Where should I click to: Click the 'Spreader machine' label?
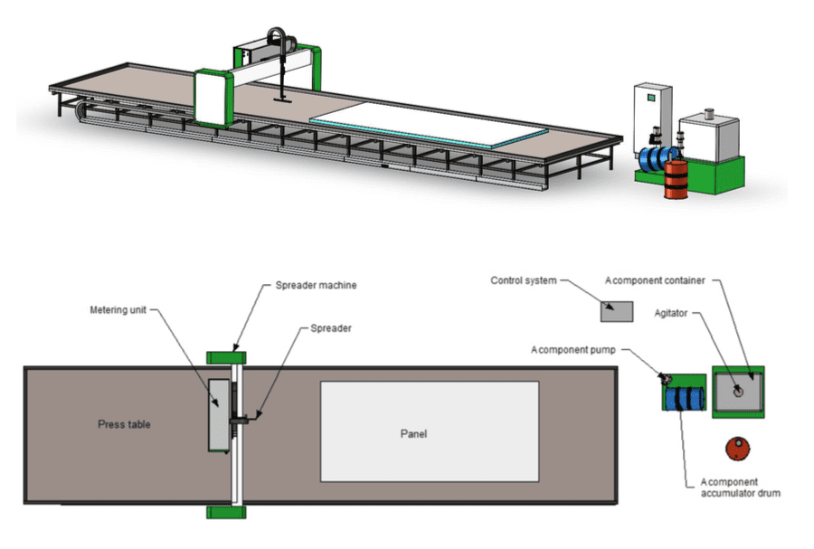pyautogui.click(x=316, y=286)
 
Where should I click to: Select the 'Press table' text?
pyautogui.click(x=124, y=424)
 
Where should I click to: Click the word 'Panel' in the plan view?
pyautogui.click(x=413, y=433)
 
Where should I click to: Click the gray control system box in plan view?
pyautogui.click(x=618, y=311)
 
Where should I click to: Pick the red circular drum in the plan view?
pyautogui.click(x=738, y=449)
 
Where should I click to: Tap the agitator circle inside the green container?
pyautogui.click(x=737, y=391)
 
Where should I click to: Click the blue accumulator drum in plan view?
pyautogui.click(x=685, y=397)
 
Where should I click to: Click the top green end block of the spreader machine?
pyautogui.click(x=222, y=358)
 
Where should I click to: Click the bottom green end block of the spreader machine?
pyautogui.click(x=222, y=513)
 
